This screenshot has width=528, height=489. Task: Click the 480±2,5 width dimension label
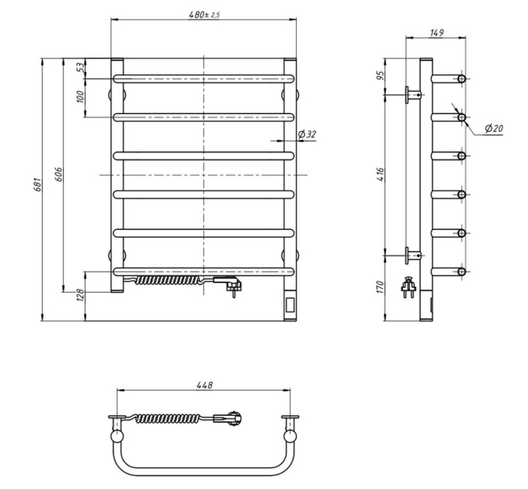coord(204,15)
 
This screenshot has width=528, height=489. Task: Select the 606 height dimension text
coord(58,175)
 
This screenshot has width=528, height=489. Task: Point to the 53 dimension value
coord(81,68)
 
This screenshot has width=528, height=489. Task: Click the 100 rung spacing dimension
coord(80,97)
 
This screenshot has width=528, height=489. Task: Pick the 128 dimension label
coord(81,295)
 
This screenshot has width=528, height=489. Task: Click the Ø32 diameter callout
coord(307,134)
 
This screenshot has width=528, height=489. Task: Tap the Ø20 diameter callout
coord(494,128)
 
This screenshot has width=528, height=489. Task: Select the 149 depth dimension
coord(436,33)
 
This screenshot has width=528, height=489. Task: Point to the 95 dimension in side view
coord(380,76)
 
